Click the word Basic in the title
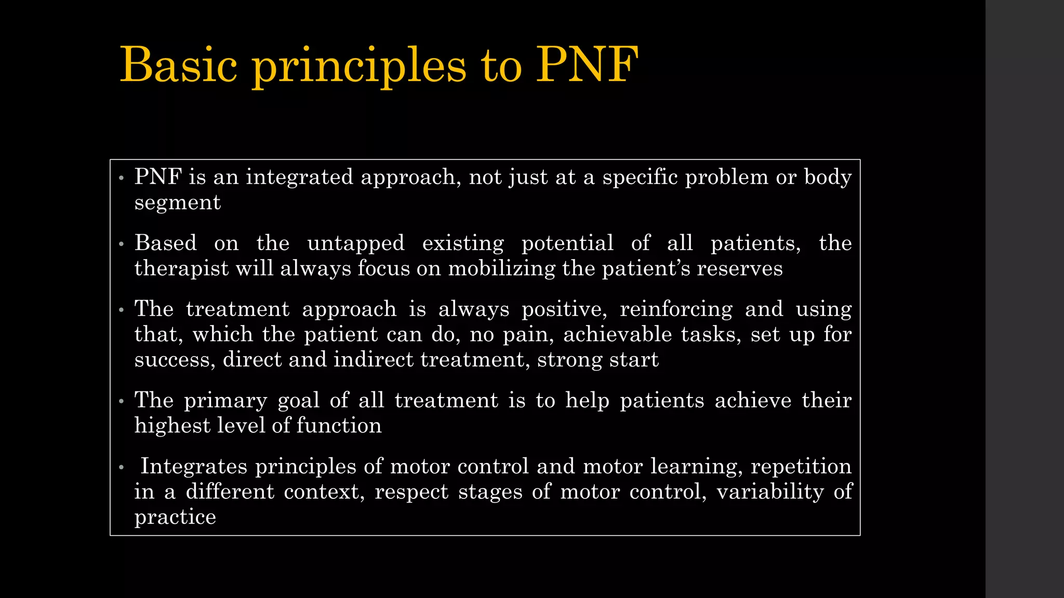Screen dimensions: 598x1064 tap(178, 65)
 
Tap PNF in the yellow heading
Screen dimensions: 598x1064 tap(587, 65)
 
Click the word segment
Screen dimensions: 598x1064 tap(177, 202)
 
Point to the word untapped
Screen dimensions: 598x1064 tap(355, 243)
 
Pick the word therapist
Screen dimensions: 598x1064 tap(181, 268)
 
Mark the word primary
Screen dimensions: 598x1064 tap(225, 400)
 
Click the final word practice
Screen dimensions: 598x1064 tap(175, 517)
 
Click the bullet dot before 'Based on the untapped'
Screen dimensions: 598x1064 tap(121, 244)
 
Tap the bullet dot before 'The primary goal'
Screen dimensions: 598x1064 tap(121, 401)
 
